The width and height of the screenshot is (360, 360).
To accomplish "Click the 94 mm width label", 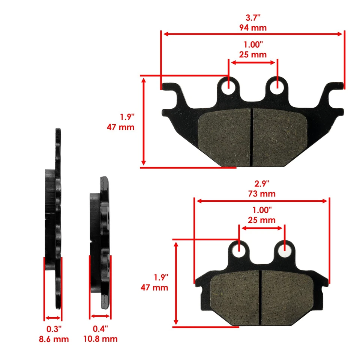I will (x=252, y=27).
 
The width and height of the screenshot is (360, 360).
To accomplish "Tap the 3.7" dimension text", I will (x=252, y=17).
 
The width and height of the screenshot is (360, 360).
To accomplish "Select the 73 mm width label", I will (x=261, y=193).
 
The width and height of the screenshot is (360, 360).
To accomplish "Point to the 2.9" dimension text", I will (x=261, y=184).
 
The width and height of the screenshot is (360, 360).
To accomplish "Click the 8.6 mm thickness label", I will (x=54, y=339).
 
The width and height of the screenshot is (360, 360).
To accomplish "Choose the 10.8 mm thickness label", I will (x=100, y=339).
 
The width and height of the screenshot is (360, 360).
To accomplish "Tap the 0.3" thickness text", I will (x=54, y=329).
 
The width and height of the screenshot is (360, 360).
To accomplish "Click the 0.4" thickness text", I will (x=100, y=329).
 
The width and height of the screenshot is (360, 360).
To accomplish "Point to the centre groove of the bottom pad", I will (x=261, y=297).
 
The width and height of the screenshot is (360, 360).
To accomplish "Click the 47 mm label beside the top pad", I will (x=120, y=127).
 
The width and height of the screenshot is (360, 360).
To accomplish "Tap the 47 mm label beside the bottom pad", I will (x=154, y=288).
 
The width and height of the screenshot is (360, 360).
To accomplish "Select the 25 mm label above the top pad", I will (x=252, y=54).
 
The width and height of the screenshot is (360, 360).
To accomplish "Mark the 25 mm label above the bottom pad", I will (x=261, y=220).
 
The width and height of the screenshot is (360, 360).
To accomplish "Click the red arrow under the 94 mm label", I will (x=252, y=34).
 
